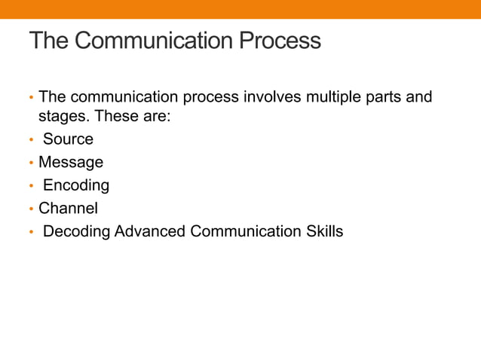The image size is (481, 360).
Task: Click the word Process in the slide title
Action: pos(280,41)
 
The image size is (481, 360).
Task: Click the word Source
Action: pos(68,139)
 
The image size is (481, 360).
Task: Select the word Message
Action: pos(71,162)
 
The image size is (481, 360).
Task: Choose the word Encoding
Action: pos(76,185)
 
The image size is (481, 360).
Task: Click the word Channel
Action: pos(68,208)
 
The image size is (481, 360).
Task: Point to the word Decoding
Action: pos(76,231)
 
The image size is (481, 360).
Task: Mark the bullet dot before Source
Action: pos(31,140)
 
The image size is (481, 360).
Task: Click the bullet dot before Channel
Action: pos(31,209)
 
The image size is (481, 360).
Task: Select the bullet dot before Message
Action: pos(31,163)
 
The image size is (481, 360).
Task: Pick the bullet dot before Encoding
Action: pos(31,186)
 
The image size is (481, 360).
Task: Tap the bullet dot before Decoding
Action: pos(31,232)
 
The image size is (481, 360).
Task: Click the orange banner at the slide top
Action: pos(240,9)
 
